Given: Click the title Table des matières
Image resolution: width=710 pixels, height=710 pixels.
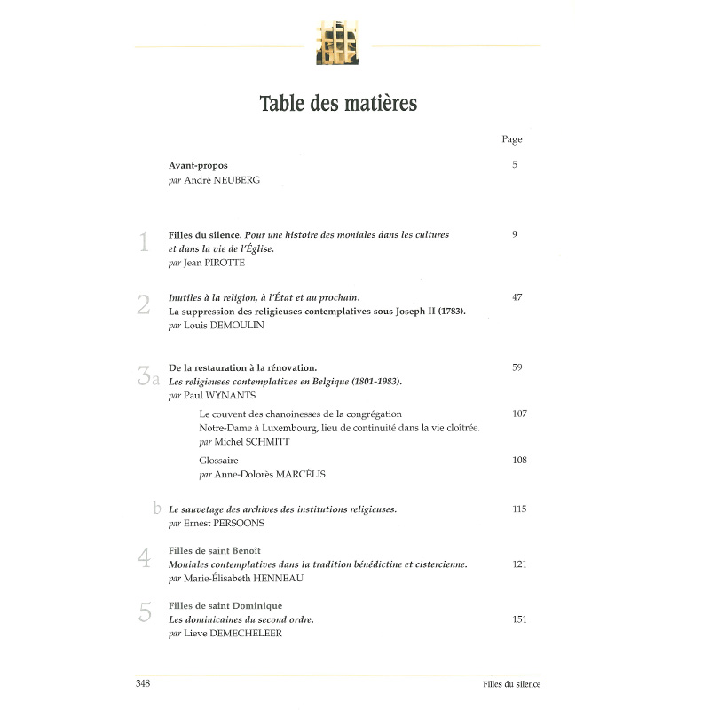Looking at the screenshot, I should (x=338, y=103).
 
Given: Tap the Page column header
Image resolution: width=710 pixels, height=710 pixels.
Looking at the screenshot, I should (x=512, y=139).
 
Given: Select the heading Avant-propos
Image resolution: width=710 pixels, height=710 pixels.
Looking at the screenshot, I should (x=198, y=165).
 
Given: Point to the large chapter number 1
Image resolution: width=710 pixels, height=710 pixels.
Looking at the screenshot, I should (x=144, y=243).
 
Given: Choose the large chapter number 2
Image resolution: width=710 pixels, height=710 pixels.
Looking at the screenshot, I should (x=144, y=305).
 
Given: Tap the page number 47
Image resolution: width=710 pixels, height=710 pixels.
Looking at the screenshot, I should (x=517, y=297).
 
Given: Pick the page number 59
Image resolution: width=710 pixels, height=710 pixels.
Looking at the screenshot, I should (x=517, y=367).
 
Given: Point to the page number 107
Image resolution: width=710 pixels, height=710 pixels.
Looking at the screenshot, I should (x=519, y=414).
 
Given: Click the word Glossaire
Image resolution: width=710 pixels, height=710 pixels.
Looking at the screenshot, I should (x=219, y=460).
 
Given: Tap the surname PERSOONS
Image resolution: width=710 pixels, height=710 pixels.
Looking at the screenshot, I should (x=240, y=524).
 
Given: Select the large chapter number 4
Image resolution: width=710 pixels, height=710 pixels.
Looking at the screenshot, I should (x=144, y=558).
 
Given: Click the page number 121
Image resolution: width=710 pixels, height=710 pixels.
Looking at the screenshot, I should (x=519, y=564).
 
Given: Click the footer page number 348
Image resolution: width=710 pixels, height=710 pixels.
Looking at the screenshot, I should (x=143, y=683).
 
